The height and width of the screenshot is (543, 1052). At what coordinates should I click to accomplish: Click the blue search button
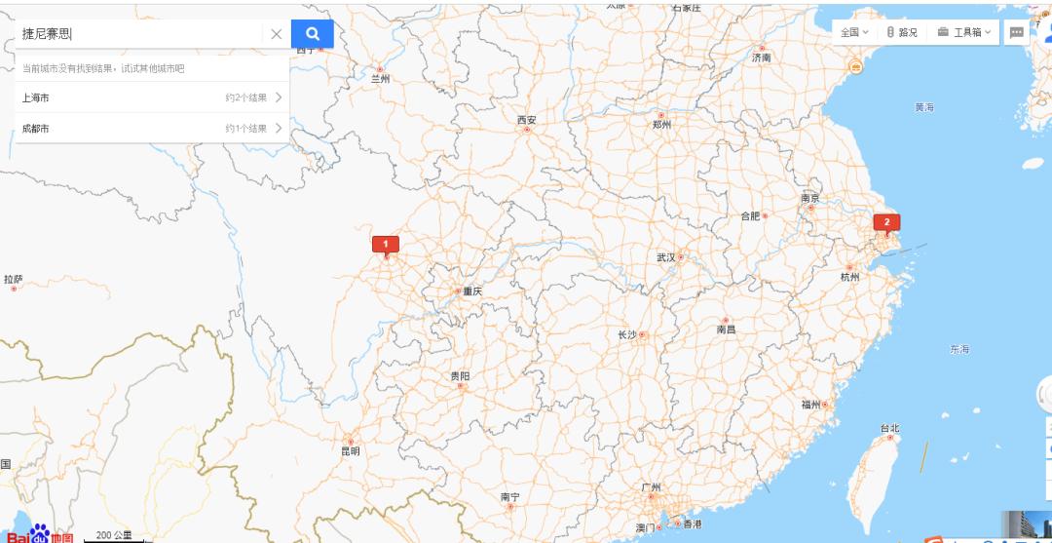[312, 34]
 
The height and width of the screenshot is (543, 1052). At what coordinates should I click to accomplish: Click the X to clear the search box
[277, 34]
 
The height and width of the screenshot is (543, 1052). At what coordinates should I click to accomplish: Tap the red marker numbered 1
[386, 244]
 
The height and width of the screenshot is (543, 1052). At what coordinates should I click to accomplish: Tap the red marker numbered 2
[886, 222]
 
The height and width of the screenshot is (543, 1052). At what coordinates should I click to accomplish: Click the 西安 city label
[526, 121]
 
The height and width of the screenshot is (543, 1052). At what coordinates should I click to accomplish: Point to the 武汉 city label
[666, 257]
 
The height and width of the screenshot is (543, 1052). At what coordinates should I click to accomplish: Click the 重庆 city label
[472, 291]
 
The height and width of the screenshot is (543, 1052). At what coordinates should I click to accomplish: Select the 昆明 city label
[350, 451]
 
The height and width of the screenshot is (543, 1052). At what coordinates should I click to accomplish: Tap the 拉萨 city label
[13, 280]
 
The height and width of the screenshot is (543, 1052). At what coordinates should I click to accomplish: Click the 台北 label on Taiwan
[889, 428]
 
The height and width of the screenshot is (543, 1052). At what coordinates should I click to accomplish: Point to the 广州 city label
[651, 486]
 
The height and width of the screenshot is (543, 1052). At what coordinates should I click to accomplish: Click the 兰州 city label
[380, 79]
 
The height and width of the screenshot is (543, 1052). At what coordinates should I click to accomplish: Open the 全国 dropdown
[854, 32]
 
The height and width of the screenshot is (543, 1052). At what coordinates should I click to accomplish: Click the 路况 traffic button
[902, 32]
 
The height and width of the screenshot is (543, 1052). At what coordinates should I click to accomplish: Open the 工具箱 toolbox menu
[964, 32]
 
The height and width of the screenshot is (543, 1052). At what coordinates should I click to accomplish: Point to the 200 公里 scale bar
[114, 535]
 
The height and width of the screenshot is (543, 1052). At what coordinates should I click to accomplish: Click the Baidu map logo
[39, 534]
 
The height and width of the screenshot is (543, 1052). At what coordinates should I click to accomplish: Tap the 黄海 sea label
[924, 106]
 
